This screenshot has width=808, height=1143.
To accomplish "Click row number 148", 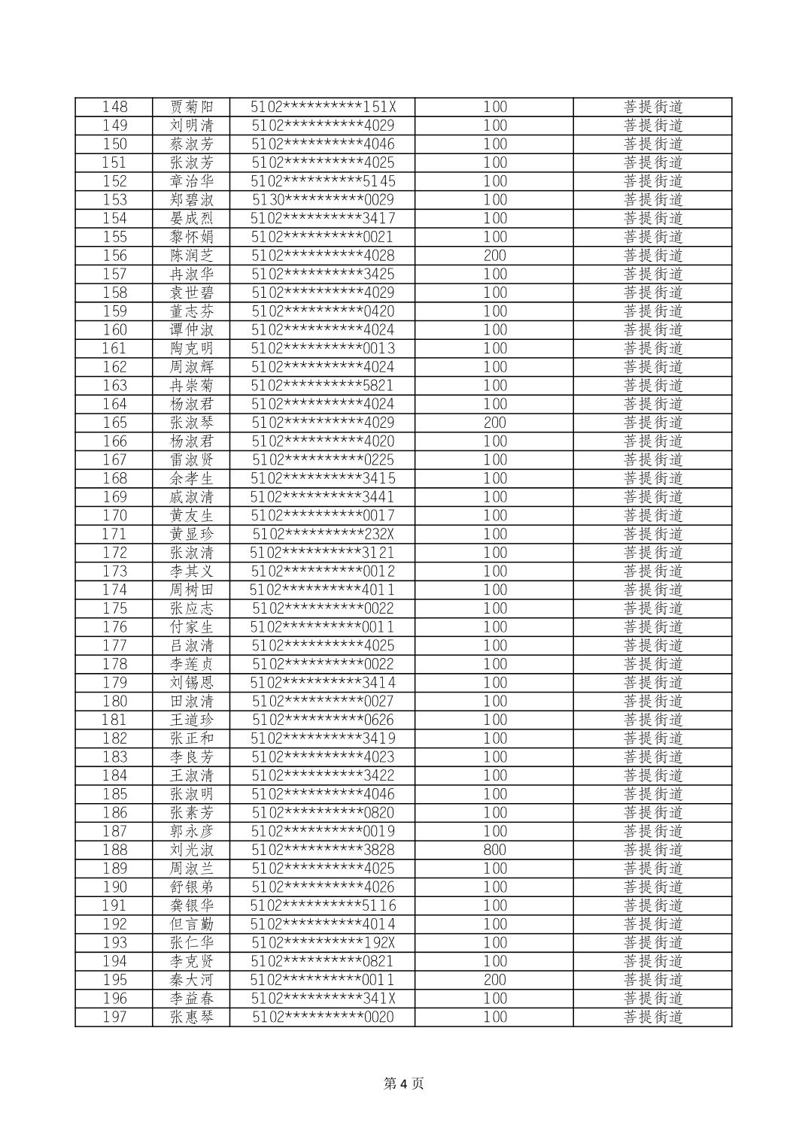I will tap(114, 107).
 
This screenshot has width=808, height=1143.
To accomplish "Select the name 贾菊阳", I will tap(192, 107).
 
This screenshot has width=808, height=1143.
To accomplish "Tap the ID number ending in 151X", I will tap(323, 107).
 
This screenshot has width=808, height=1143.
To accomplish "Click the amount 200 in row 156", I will tap(494, 256).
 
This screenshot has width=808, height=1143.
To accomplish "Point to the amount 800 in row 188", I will tap(494, 850).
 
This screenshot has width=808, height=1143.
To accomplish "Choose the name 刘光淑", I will tap(192, 850).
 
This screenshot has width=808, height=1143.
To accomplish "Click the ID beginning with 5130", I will tap(323, 200).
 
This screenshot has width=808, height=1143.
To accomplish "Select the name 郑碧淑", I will tap(192, 200).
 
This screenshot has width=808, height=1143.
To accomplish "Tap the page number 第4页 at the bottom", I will tap(403, 1083).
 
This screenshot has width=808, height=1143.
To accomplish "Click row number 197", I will tap(114, 1017).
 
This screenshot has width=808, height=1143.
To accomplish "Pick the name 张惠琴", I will tap(192, 1017).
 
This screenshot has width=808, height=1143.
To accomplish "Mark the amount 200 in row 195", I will tap(494, 980).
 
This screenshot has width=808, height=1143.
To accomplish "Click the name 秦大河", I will tap(192, 980).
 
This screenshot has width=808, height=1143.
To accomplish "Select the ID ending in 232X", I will tap(323, 534).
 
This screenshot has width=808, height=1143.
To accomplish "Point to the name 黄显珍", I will tap(192, 534).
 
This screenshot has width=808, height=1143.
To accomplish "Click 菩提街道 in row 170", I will tap(653, 516).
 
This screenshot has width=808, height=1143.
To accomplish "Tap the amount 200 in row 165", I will tap(494, 423).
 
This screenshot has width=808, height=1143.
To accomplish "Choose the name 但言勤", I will tap(192, 924).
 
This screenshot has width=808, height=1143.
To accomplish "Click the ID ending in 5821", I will tap(323, 386).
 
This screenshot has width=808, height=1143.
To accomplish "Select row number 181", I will tap(114, 720).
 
